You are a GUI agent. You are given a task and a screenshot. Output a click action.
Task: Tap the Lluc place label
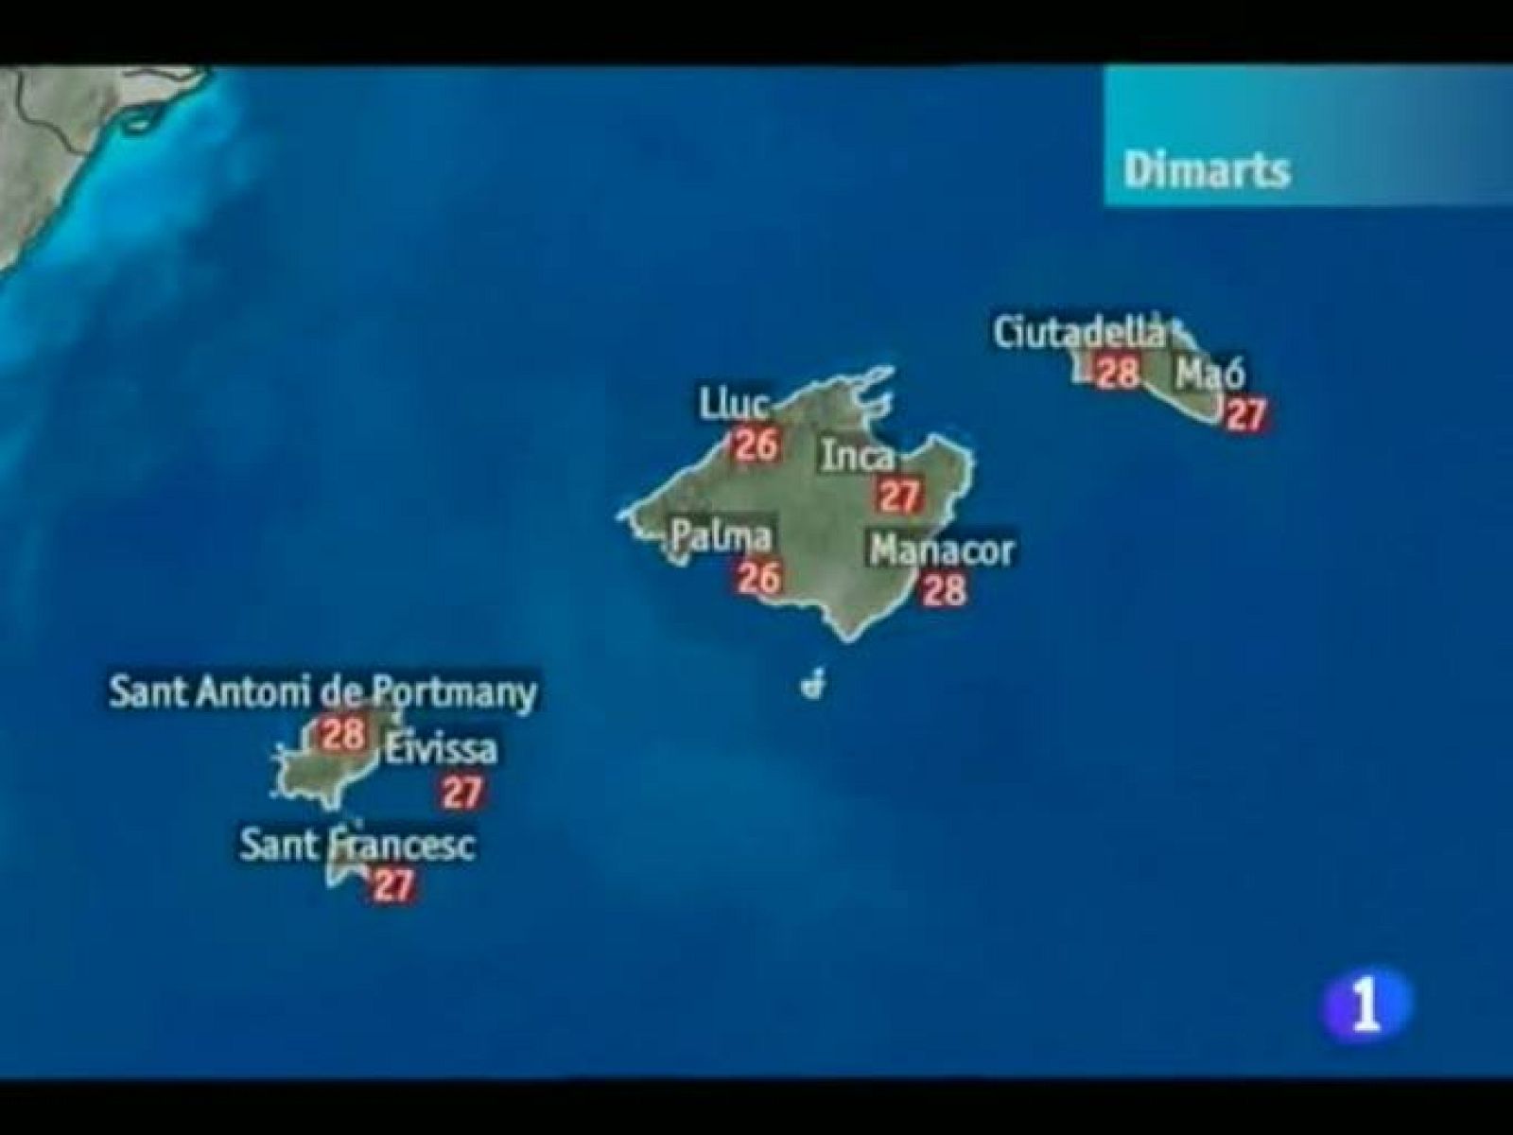tap(733, 404)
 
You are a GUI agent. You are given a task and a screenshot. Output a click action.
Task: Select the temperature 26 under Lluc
tap(756, 444)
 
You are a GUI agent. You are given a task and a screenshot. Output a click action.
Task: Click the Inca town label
tap(857, 457)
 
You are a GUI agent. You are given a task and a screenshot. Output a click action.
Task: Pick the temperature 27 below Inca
tap(899, 496)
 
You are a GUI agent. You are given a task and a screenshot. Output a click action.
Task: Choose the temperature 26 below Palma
tap(758, 577)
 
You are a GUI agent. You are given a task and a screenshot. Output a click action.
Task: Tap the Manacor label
tap(942, 550)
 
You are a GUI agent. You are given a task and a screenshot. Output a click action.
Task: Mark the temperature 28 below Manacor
tap(945, 589)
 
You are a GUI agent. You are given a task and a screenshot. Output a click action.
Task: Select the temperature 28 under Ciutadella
tap(1117, 372)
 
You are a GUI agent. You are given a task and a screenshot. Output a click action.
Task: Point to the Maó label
tap(1210, 375)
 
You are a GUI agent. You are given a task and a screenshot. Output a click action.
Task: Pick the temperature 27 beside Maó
tap(1244, 414)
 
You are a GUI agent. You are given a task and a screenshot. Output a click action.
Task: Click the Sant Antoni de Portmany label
tap(322, 692)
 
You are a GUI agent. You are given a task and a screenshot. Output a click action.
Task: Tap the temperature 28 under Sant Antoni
tap(342, 733)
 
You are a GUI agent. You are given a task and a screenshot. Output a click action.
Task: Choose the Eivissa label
tap(441, 750)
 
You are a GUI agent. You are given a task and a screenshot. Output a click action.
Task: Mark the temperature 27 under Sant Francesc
tap(392, 885)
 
